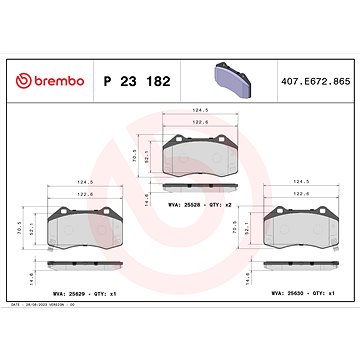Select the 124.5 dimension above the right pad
(x=298, y=183)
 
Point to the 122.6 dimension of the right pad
(x=298, y=194)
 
